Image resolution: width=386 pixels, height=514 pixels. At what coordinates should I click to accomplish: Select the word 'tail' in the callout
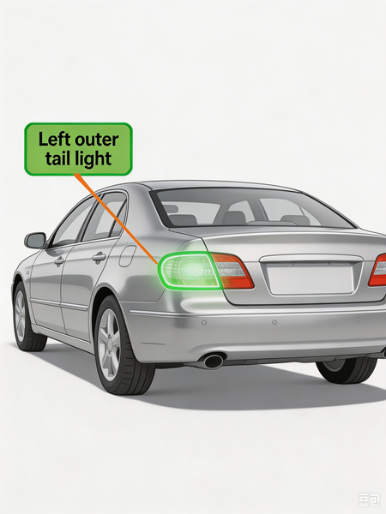[x=58, y=158]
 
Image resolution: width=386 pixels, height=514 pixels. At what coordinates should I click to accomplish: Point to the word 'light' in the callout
[x=93, y=159]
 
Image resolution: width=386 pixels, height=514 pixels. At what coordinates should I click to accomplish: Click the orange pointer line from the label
[x=117, y=218]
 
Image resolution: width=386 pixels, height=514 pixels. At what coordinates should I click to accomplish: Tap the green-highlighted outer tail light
[x=190, y=271]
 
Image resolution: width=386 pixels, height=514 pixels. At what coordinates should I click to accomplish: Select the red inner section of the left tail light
[x=233, y=272]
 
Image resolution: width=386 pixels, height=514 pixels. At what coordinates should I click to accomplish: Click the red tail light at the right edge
[x=377, y=270]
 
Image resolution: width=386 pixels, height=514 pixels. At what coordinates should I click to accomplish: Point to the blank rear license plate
[x=311, y=279]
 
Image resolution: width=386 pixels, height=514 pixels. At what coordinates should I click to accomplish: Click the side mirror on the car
[x=35, y=241]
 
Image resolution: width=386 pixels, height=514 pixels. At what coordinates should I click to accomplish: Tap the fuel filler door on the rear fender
[x=127, y=256]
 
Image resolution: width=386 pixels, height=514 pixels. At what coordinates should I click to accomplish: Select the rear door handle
[x=99, y=257]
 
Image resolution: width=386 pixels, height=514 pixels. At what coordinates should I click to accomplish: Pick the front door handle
[x=59, y=261]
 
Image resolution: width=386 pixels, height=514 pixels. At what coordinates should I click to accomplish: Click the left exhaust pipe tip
[x=214, y=361]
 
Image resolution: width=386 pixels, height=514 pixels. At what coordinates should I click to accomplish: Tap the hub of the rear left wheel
[x=108, y=344]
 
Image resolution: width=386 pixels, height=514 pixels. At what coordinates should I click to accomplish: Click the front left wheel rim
[x=20, y=315]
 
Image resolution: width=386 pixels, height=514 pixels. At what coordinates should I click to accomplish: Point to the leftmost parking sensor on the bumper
[x=204, y=323]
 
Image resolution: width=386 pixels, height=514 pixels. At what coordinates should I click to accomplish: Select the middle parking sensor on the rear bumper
[x=274, y=322]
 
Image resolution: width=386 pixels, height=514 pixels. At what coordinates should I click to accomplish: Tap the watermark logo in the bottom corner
[x=369, y=500]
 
